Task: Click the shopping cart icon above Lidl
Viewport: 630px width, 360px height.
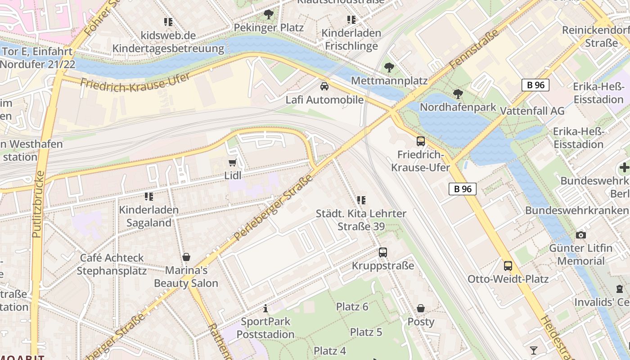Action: coord(232,162)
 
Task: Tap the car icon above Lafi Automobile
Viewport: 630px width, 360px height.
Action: coord(324,86)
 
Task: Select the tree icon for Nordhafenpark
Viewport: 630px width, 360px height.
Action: coord(458,94)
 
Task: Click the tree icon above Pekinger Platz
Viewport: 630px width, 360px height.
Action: coord(269,14)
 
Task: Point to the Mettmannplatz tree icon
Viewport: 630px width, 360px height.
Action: coord(389,67)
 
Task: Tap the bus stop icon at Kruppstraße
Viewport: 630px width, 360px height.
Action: coord(382,252)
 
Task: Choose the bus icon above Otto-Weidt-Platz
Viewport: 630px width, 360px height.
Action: coord(508,266)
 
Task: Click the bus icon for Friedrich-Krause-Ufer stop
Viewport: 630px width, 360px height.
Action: coord(420,141)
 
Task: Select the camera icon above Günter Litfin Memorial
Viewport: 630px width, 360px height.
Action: coord(580,235)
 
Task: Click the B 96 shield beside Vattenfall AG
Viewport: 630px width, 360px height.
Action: coord(535,85)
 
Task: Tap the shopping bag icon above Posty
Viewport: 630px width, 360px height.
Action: coord(421,308)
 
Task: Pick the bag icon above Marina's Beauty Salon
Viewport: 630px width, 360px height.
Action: coord(186,257)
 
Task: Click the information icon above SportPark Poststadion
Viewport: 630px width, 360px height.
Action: coord(265,308)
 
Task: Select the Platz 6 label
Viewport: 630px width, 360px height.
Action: coord(352,307)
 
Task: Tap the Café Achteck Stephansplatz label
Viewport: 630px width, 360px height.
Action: coord(112,264)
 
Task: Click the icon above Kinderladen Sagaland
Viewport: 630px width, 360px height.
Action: coord(148,197)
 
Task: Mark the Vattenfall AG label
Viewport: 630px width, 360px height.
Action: coord(532,111)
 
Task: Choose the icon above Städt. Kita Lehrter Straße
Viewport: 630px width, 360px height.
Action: coord(361,200)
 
